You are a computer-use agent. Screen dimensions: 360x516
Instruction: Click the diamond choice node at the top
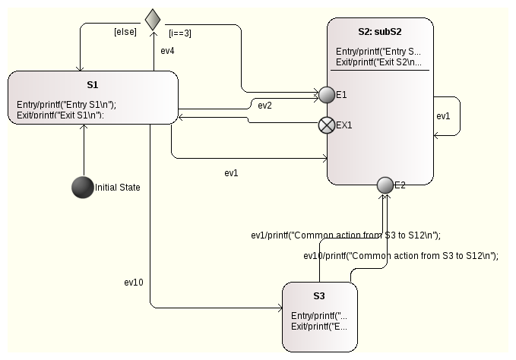153,18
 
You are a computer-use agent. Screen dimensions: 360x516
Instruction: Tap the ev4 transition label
168,52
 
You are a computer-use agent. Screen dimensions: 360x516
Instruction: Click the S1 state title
93,85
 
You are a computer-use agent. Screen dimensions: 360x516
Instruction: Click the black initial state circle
82,187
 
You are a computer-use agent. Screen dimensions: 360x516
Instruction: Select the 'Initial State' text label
118,187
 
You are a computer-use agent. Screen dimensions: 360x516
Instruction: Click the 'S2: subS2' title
381,33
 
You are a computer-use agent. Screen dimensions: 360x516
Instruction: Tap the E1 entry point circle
327,95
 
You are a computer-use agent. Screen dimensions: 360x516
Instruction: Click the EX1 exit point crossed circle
327,125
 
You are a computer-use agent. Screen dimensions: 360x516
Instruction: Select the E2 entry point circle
385,185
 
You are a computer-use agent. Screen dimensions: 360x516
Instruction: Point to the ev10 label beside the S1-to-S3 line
134,282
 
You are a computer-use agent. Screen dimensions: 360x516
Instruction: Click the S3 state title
319,295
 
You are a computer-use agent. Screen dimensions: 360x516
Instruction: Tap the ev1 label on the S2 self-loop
443,116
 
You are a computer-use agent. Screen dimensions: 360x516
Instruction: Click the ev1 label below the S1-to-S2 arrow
231,172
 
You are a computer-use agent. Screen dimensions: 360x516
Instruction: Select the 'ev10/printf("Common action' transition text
400,256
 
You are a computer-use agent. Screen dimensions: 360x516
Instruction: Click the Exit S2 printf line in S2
378,62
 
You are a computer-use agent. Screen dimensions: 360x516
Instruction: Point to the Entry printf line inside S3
318,315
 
